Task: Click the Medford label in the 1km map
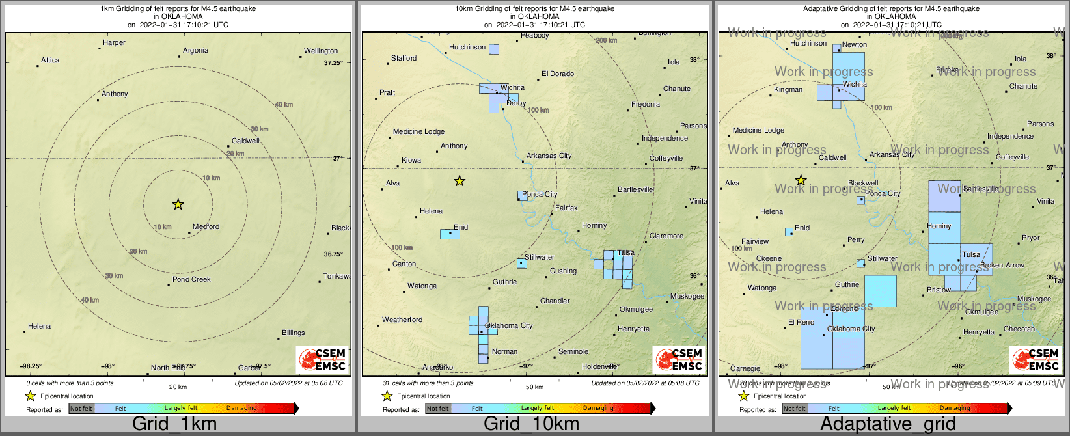206,227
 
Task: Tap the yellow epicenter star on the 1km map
178,204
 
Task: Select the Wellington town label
321,51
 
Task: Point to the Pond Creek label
191,280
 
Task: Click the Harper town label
114,43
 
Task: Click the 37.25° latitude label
333,63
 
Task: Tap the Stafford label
404,59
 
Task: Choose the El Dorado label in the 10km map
558,74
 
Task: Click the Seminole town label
573,352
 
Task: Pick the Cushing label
563,271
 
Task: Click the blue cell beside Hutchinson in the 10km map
494,49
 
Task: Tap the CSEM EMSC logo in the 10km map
679,360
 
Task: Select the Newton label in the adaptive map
855,45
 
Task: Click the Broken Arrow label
1002,266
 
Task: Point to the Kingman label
788,90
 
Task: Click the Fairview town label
755,242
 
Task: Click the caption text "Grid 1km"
174,424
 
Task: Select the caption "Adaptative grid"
888,424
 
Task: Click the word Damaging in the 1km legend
241,409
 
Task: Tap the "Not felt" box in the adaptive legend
795,409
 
